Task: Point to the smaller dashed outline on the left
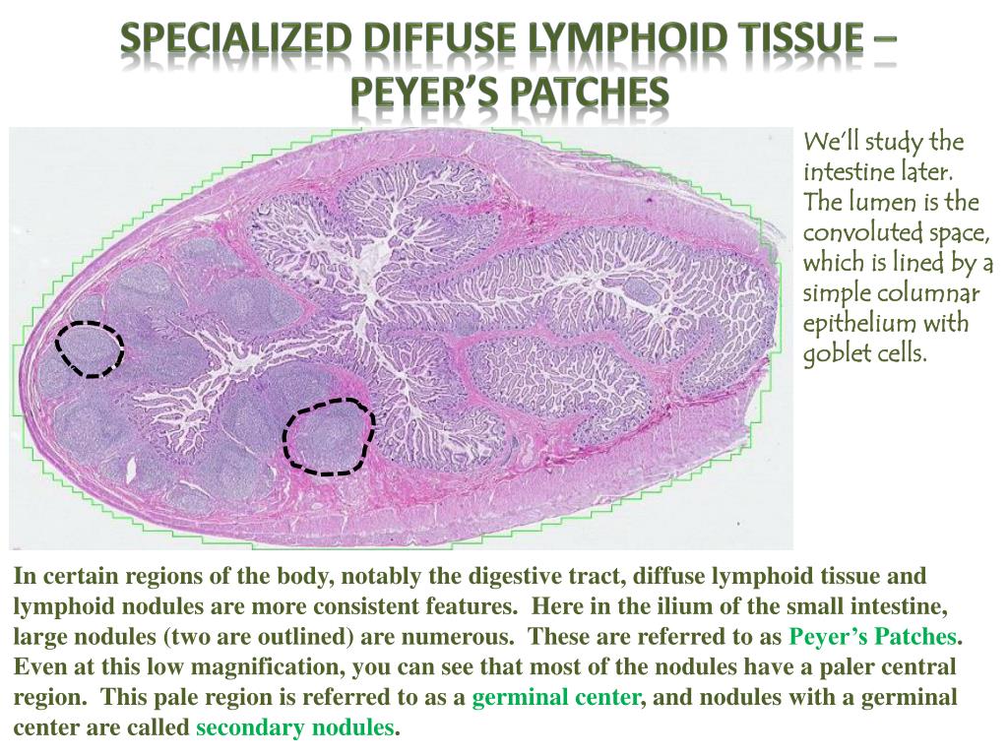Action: click(x=90, y=348)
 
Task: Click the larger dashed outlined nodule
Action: click(x=329, y=436)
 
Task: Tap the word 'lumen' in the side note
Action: click(x=883, y=202)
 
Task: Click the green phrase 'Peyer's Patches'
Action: click(x=874, y=636)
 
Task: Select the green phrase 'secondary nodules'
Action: click(x=295, y=729)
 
